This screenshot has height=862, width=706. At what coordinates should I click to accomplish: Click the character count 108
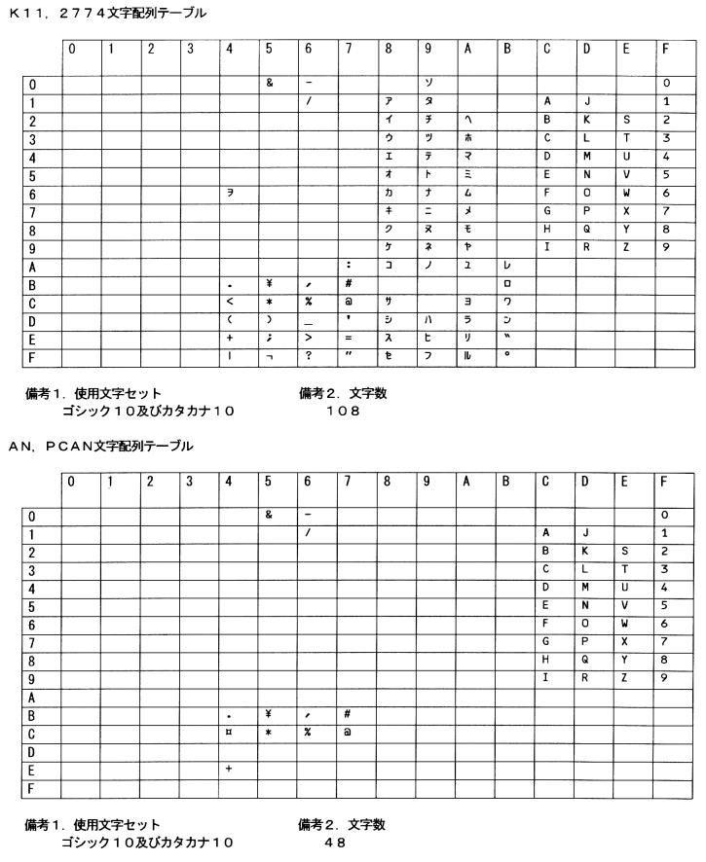coord(344,411)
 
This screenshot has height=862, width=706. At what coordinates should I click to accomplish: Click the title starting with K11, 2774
coord(93,13)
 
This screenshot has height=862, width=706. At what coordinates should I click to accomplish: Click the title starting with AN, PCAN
coord(100,446)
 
